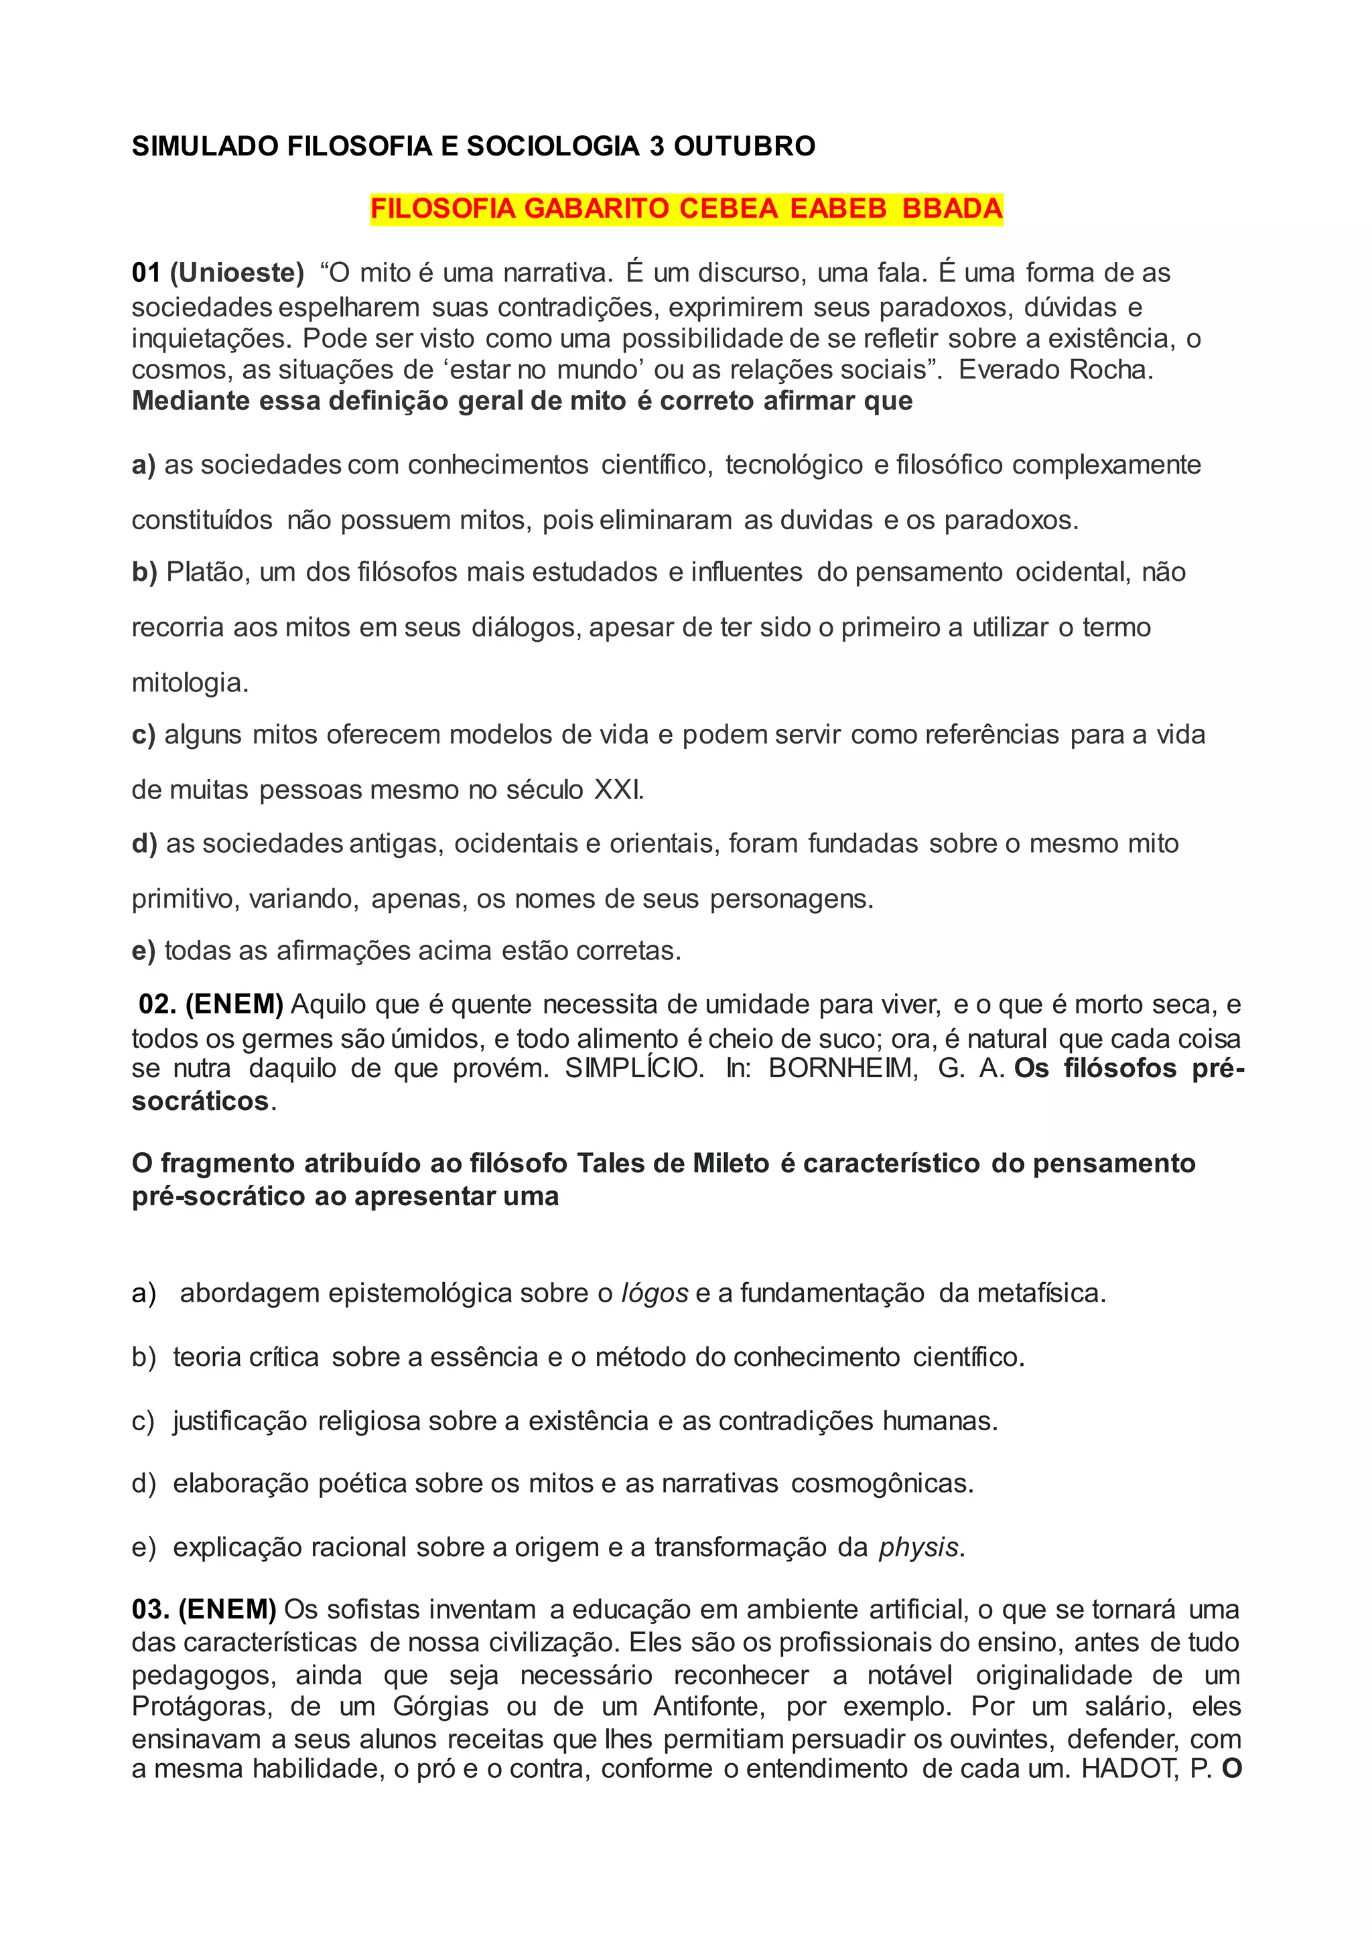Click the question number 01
pyautogui.click(x=145, y=273)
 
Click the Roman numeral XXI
pyautogui.click(x=618, y=790)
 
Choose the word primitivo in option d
pyautogui.click(x=185, y=898)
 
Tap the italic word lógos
pyautogui.click(x=654, y=1294)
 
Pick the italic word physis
pyautogui.click(x=918, y=1547)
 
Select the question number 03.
pyautogui.click(x=150, y=1610)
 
